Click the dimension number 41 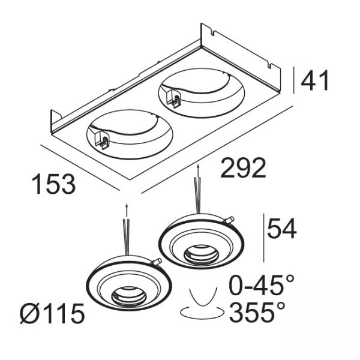[315, 80]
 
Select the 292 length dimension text [243, 168]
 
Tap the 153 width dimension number [53, 184]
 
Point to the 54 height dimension [282, 229]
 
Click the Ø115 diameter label [52, 313]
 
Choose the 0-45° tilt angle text [262, 285]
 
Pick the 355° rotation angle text [257, 313]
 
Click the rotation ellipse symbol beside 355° [202, 313]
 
